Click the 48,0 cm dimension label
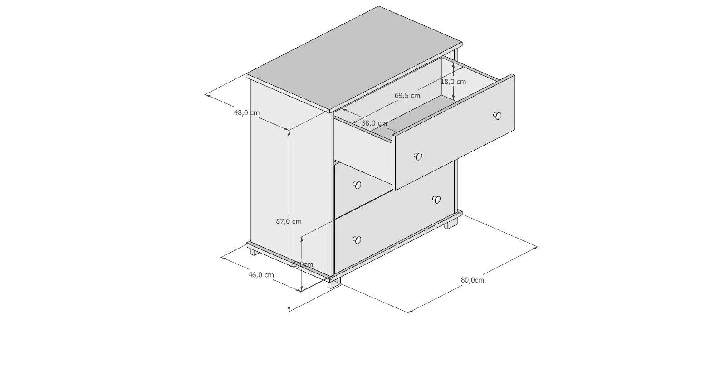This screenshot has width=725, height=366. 247,112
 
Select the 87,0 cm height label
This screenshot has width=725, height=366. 289,221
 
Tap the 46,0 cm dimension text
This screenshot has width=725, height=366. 261,275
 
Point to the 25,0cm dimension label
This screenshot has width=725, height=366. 301,264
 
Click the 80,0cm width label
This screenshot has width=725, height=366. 473,280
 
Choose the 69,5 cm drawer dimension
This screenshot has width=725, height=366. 407,95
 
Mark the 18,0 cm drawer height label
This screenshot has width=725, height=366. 453,82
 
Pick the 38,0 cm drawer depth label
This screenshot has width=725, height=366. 374,123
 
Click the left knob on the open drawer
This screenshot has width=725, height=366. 418,156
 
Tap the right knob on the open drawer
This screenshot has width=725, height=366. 497,116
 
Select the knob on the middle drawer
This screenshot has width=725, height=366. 357,185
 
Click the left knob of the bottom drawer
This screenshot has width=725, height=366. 357,240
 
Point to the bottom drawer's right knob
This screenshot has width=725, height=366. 436,200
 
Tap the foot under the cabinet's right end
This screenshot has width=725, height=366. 451,224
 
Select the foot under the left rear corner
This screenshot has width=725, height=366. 255,252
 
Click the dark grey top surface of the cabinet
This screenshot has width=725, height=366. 354,58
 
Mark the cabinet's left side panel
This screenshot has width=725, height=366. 290,178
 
